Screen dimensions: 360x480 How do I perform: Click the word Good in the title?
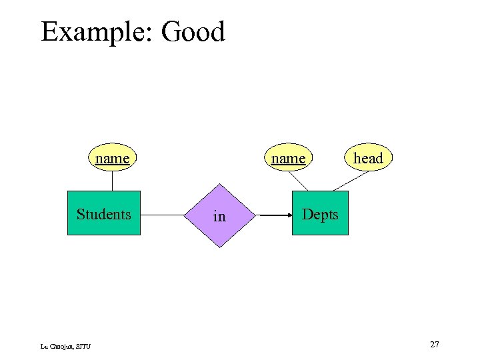point(193,31)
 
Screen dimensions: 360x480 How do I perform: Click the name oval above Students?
point(112,158)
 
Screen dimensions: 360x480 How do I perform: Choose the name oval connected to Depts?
point(287,158)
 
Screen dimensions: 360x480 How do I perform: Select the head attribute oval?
point(368,158)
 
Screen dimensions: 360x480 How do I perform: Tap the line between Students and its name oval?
point(112,181)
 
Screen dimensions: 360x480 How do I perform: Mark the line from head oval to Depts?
point(351,182)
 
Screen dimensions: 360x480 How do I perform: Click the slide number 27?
point(434,345)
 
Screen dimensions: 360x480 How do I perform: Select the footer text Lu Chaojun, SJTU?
point(65,345)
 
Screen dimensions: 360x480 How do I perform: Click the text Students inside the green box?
point(104,214)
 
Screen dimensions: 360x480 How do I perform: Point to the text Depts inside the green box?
point(320,215)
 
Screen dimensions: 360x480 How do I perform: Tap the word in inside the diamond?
point(219,217)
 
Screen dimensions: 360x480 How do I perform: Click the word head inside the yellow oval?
point(368,158)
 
